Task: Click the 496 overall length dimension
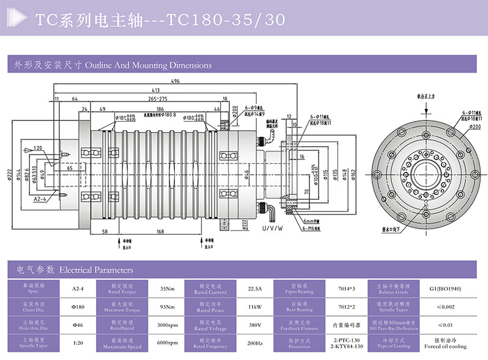[176, 81]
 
